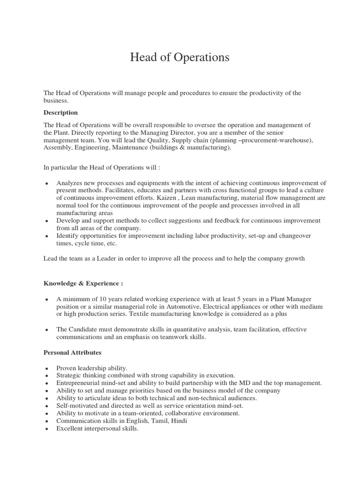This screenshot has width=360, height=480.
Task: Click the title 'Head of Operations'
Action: click(180, 58)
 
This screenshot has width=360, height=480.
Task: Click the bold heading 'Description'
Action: click(60, 113)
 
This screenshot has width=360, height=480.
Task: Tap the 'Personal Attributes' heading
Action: click(72, 352)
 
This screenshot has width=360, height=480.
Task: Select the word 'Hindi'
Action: click(180, 421)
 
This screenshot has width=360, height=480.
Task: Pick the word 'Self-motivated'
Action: click(77, 405)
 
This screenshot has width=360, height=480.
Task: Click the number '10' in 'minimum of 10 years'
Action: click(100, 299)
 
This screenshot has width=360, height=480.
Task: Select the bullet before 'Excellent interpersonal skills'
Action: click(47, 429)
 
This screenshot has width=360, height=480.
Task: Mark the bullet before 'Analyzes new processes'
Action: click(47, 183)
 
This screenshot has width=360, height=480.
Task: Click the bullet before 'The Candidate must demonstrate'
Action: click(47, 330)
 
